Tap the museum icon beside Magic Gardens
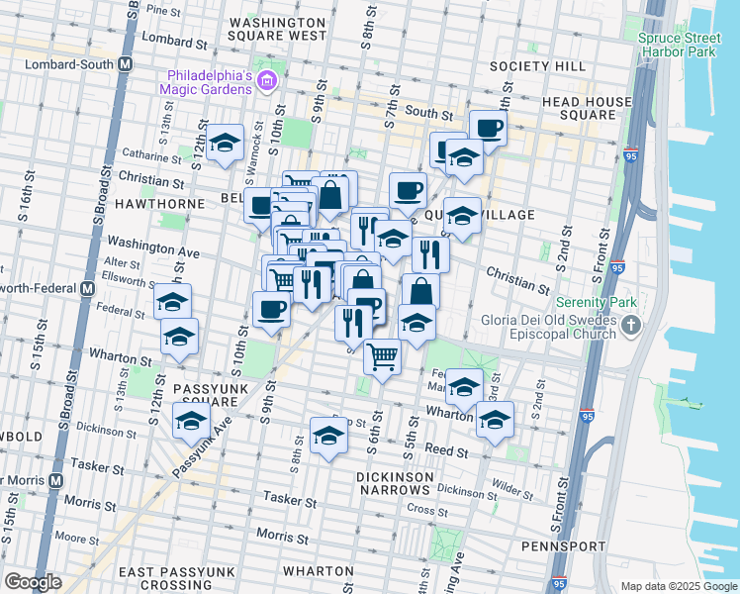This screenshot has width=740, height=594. pyautogui.click(x=265, y=79)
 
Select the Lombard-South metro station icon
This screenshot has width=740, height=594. pyautogui.click(x=126, y=64)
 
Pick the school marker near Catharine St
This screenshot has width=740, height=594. pyautogui.click(x=225, y=144)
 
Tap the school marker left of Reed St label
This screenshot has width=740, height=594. pyautogui.click(x=328, y=435)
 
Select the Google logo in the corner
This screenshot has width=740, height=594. pyautogui.click(x=33, y=581)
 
